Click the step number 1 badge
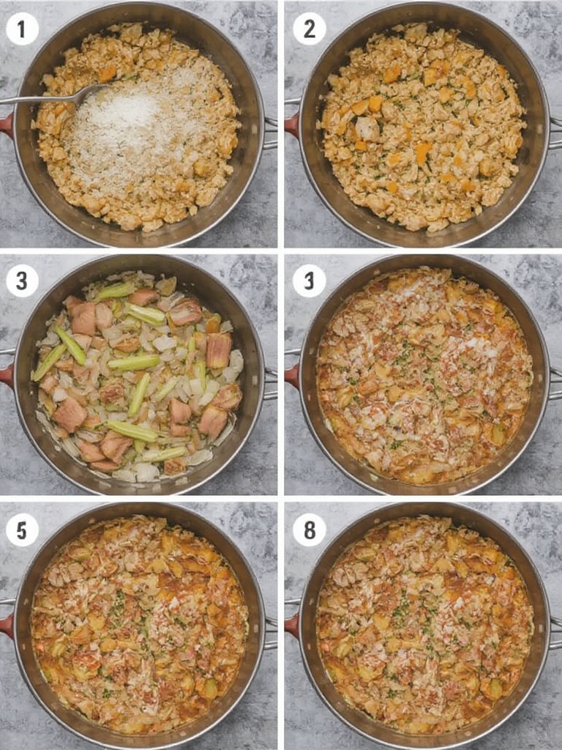tap(22, 29)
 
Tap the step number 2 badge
tap(309, 29)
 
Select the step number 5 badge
tap(22, 530)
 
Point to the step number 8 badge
tap(309, 530)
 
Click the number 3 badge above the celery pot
tap(22, 281)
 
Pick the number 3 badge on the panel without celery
tap(309, 281)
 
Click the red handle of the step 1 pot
tap(6, 125)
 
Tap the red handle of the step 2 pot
tap(291, 125)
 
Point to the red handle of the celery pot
tap(6, 375)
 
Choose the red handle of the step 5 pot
tap(6, 625)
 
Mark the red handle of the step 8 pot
tap(291, 625)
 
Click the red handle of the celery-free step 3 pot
tap(291, 375)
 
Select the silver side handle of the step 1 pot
tap(270, 133)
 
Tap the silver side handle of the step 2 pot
tap(555, 133)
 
